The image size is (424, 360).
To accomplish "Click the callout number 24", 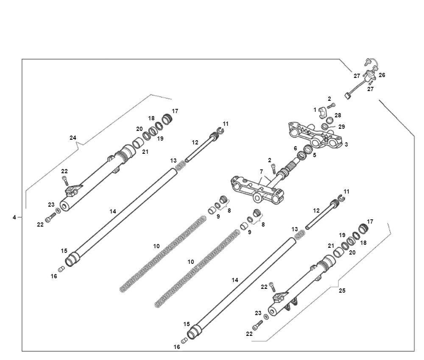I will pyautogui.click(x=73, y=137).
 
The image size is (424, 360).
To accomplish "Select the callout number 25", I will pyautogui.click(x=342, y=291).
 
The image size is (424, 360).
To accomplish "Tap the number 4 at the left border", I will pyautogui.click(x=14, y=217).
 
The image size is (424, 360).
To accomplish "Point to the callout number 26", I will pyautogui.click(x=382, y=75).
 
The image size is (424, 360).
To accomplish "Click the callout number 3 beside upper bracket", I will pyautogui.click(x=346, y=144).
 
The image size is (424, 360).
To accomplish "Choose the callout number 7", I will pyautogui.click(x=262, y=172).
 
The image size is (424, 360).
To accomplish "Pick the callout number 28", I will pyautogui.click(x=338, y=115).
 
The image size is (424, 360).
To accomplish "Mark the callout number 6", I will pyautogui.click(x=295, y=148).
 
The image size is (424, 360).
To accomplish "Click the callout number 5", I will pyautogui.click(x=314, y=155).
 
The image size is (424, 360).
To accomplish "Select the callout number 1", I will pyautogui.click(x=315, y=109).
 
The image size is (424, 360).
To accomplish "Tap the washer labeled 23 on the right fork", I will pyautogui.click(x=266, y=316).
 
